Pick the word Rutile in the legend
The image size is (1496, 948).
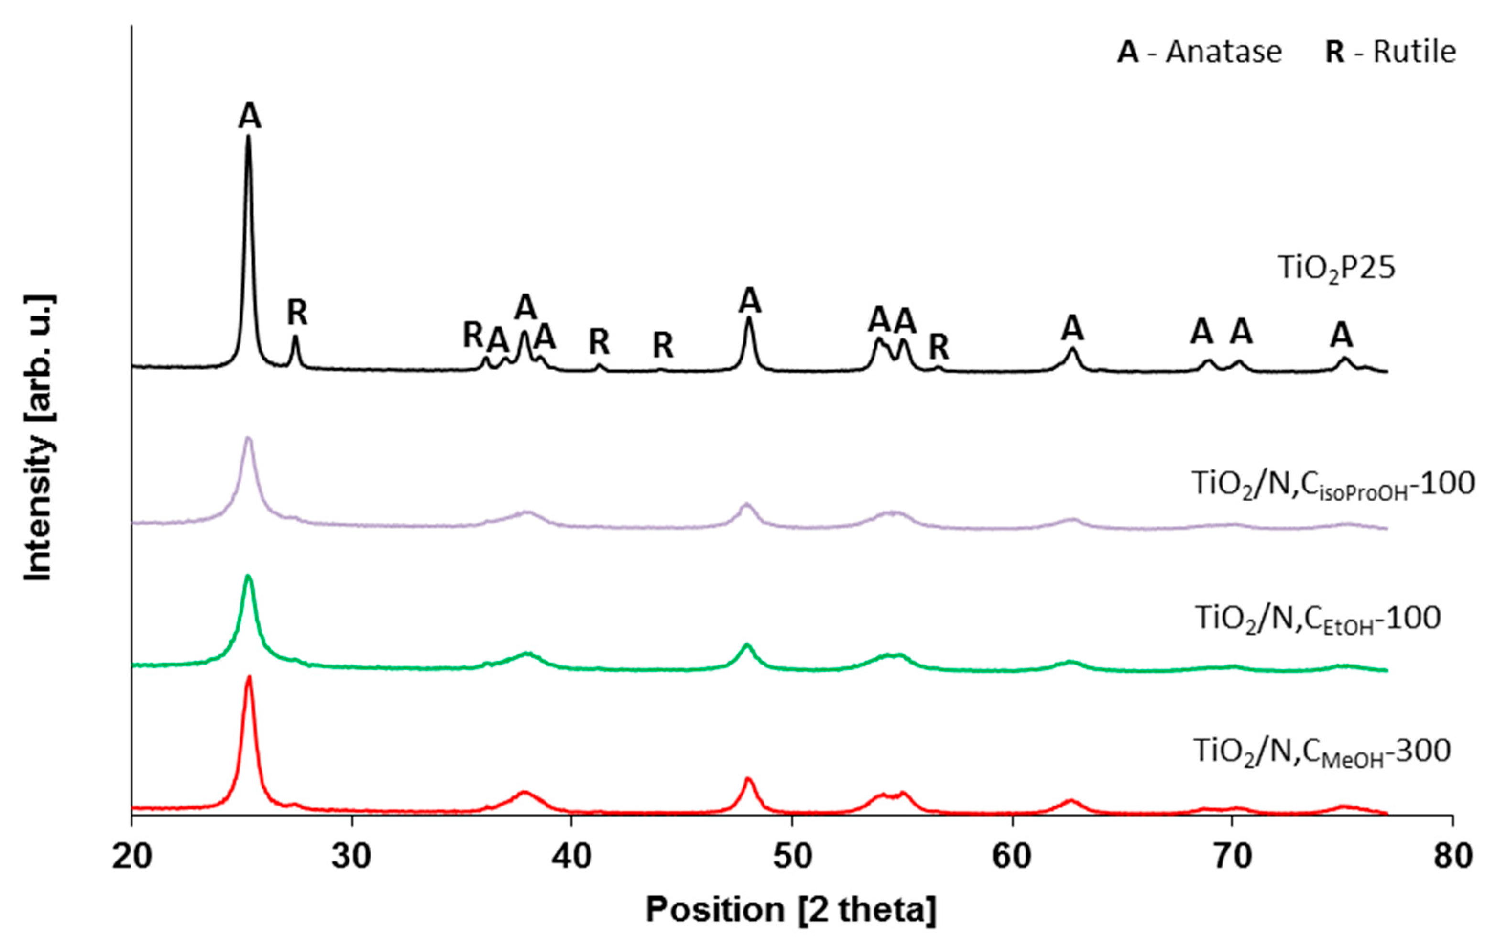[1414, 52]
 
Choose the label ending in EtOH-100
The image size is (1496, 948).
[1318, 620]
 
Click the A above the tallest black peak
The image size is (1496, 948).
[249, 116]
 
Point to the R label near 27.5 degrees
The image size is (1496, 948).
[297, 313]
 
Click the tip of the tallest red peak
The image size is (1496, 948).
[249, 676]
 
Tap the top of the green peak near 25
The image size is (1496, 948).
[249, 576]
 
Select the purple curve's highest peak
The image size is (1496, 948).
[249, 438]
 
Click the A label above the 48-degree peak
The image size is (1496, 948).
[750, 301]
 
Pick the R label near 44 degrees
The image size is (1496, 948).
[663, 346]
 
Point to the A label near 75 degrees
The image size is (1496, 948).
[1341, 336]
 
